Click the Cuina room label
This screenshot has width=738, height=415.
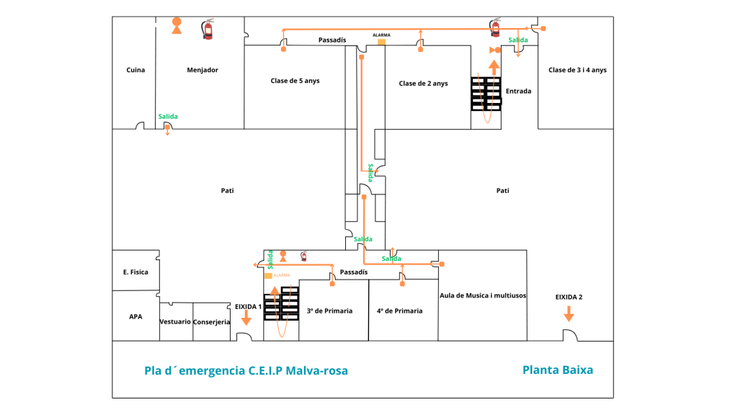(x=135, y=70)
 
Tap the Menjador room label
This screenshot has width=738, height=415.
(x=203, y=70)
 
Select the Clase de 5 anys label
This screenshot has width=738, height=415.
(x=295, y=81)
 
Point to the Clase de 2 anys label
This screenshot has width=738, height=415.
(x=423, y=84)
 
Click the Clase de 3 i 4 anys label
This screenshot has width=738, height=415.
(x=577, y=70)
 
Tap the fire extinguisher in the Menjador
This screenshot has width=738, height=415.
(x=208, y=30)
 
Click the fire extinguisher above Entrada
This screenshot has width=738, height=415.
(x=495, y=27)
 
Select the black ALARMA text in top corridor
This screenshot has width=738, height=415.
(x=381, y=35)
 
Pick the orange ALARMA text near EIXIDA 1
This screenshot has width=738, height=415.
(x=282, y=275)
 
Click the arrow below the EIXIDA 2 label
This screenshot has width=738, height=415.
(x=569, y=313)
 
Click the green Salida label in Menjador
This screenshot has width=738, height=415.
(x=168, y=117)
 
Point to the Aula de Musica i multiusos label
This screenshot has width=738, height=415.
(x=483, y=295)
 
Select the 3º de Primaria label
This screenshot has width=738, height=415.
(x=329, y=311)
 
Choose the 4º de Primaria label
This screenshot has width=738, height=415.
(x=399, y=311)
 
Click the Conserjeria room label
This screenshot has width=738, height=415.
(x=211, y=322)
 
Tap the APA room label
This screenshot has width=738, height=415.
(x=135, y=316)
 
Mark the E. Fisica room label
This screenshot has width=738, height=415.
(x=135, y=272)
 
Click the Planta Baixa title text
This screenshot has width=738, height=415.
(x=558, y=370)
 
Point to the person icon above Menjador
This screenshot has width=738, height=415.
(x=177, y=26)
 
